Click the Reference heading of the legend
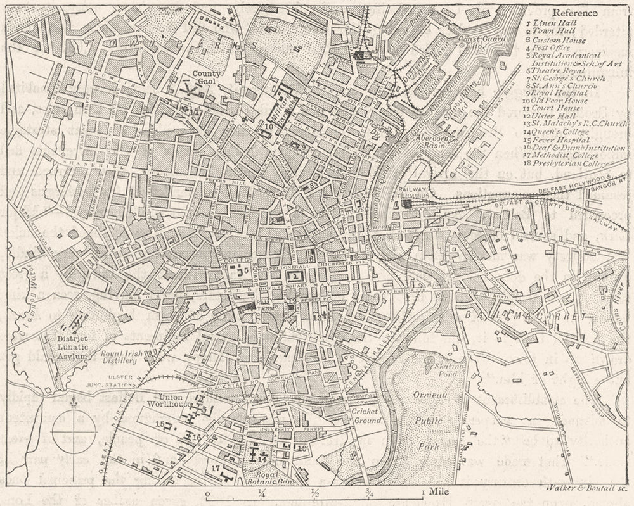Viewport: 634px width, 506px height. click(x=575, y=13)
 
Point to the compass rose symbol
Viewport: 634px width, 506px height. click(x=74, y=431)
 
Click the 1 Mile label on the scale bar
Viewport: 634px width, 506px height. click(x=430, y=491)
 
